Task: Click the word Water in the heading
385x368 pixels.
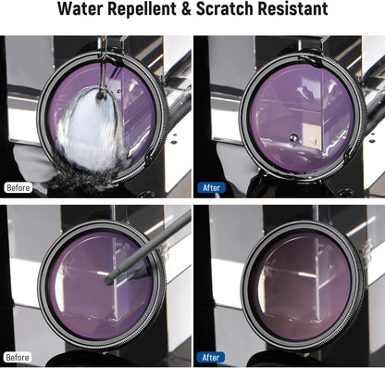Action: (81, 8)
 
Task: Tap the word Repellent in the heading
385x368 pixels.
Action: (142, 9)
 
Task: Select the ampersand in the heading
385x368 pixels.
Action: (186, 8)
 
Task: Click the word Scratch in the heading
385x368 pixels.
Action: (225, 8)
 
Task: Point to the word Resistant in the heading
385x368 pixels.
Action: (292, 8)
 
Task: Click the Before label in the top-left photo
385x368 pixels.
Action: (19, 188)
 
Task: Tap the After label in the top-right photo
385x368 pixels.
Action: (211, 188)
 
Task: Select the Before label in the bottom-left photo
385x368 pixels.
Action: (18, 358)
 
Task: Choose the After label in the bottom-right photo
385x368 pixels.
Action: (211, 358)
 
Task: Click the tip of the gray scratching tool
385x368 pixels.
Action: (107, 282)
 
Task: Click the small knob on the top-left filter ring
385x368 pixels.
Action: (149, 155)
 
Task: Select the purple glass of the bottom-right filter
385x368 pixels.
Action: (304, 286)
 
